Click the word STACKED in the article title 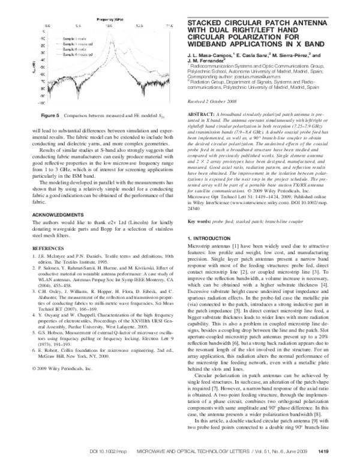pyautogui.click(x=208, y=23)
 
